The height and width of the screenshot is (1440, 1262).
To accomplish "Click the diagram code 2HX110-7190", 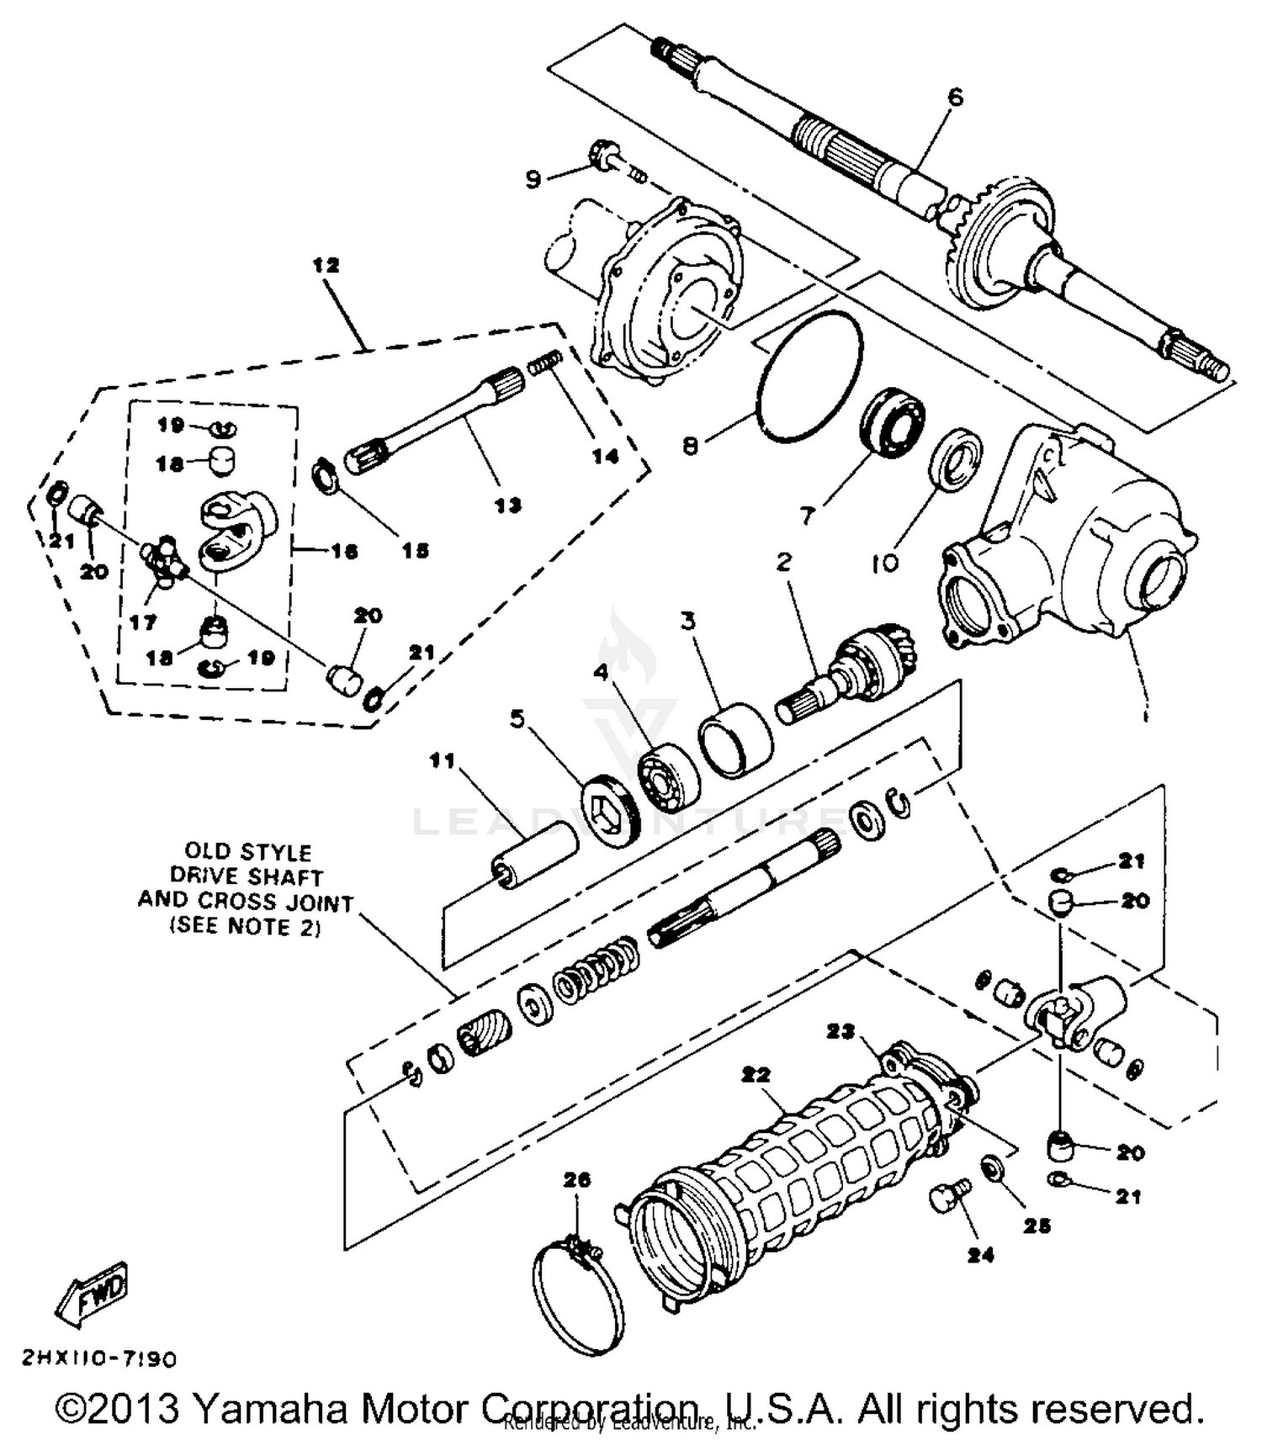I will (x=99, y=1358).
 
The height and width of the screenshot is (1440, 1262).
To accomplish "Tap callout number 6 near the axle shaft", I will (x=955, y=98).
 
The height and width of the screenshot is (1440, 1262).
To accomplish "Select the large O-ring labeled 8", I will (x=810, y=375).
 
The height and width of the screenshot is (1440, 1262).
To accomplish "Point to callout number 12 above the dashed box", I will (x=326, y=266).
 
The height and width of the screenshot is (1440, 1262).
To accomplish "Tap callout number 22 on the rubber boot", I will (x=756, y=1075).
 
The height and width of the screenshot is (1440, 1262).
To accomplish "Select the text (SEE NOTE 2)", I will (x=246, y=926).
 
